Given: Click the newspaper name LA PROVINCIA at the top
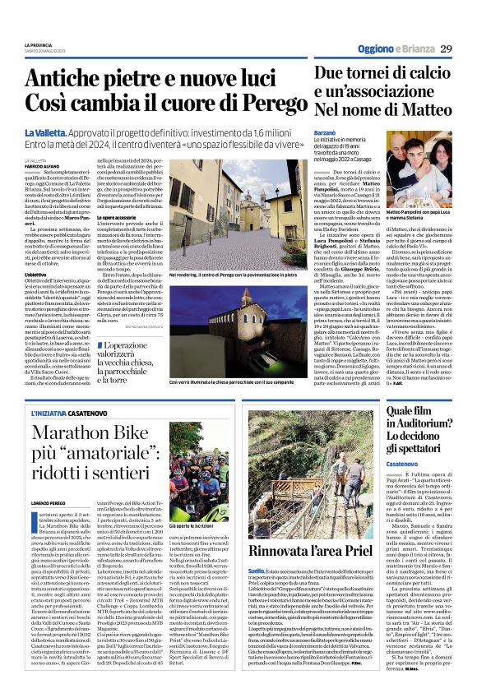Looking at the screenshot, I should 39,44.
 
